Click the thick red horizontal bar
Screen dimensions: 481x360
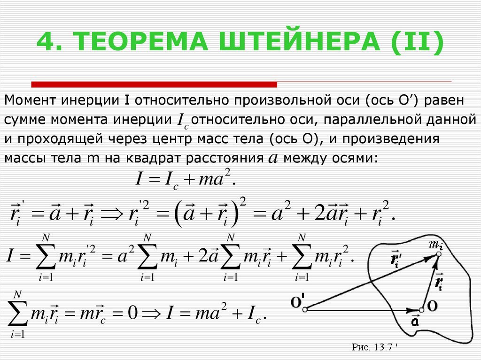tap(154, 84)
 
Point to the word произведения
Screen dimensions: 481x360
tap(391, 139)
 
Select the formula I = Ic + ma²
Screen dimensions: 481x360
tap(186, 179)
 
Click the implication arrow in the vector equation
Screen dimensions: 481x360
tap(112, 214)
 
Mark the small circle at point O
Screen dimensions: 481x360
tap(421, 310)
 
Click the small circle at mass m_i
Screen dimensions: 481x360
tap(439, 254)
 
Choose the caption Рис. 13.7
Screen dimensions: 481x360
tap(374, 347)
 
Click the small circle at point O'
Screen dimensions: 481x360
tap(305, 310)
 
